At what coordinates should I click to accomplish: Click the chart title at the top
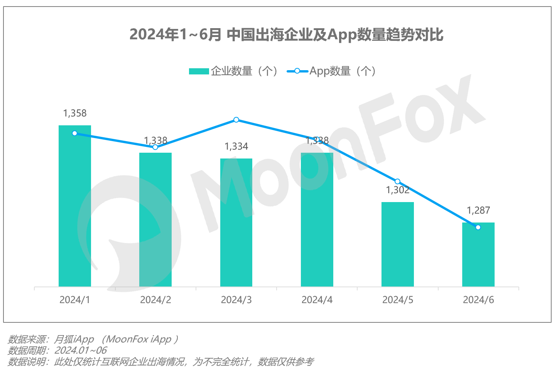point(286,35)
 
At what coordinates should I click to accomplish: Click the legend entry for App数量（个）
point(332,71)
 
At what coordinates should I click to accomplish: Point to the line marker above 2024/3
point(236,120)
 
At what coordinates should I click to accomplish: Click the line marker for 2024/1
point(75,133)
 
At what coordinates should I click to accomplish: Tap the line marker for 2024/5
point(398,182)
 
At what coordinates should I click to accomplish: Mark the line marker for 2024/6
point(478,228)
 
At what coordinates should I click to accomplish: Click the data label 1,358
point(75,113)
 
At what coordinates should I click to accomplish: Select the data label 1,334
point(236,147)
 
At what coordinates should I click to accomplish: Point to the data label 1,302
point(398,190)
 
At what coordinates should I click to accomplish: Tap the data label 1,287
point(478,211)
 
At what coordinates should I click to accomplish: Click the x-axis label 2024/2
point(155,300)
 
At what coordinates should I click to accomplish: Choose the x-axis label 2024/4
point(317,300)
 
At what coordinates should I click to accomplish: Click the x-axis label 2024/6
point(478,300)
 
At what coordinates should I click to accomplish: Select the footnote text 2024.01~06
point(81,351)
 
